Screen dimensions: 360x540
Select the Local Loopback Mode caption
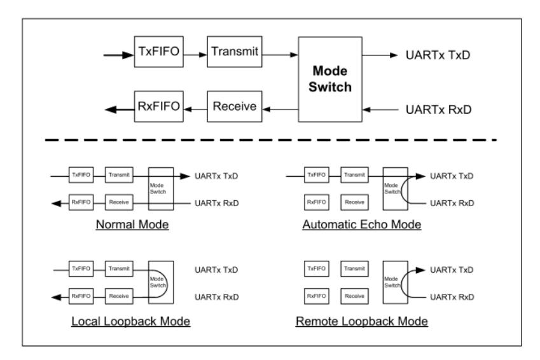pos(131,321)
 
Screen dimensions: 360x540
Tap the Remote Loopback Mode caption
pos(361,321)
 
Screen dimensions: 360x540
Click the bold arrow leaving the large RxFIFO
pos(118,109)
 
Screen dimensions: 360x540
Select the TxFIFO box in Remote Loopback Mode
pos(313,270)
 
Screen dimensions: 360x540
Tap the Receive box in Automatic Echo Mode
pos(353,202)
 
